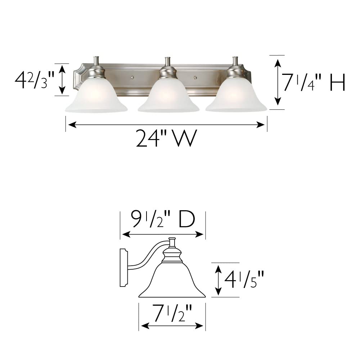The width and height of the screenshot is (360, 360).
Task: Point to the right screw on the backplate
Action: point(195,77)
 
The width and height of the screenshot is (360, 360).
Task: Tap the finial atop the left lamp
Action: point(96,61)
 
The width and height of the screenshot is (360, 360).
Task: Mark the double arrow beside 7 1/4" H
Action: point(278,82)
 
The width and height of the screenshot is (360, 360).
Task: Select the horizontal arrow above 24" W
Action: point(166,125)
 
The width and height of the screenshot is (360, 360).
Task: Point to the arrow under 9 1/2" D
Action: point(163,234)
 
